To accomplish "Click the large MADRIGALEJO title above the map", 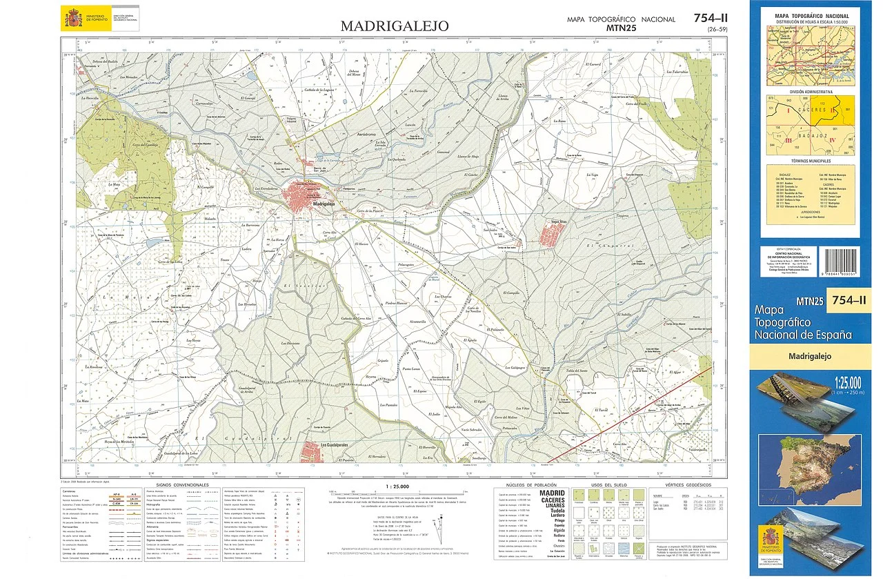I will pos(395,26).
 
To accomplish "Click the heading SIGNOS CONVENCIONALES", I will pos(179,486).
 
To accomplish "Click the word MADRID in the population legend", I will pos(551,494).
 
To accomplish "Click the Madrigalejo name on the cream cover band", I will pos(811,357).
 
